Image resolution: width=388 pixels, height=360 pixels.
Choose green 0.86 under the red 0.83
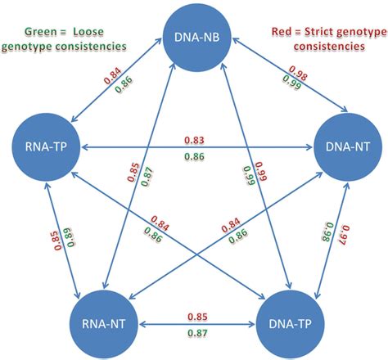coord(195,155)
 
